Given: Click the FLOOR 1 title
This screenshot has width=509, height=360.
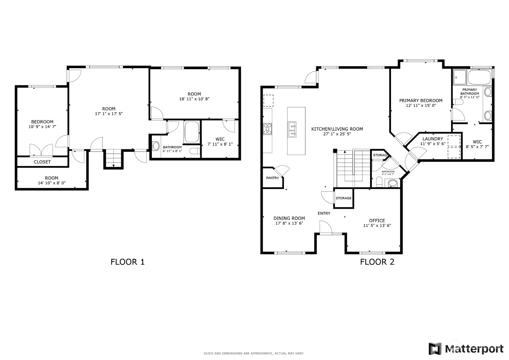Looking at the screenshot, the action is [x=127, y=262].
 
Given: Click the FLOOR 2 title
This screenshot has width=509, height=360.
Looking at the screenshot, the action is [x=377, y=262].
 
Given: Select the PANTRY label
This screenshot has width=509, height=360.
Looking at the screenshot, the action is [x=273, y=178].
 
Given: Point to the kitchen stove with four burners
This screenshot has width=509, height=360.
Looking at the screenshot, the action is [x=267, y=129].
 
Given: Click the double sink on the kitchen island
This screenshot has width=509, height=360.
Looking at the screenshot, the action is [x=292, y=130].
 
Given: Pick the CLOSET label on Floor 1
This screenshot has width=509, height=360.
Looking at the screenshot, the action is [x=42, y=162].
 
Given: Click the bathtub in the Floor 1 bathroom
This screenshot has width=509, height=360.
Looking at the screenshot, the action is [x=192, y=132].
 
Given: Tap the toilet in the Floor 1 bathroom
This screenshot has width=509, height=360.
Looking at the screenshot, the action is [x=195, y=151].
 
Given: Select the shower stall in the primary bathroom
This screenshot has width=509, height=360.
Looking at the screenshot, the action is [x=460, y=77].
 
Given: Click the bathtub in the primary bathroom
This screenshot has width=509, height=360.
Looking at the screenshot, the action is [x=480, y=77].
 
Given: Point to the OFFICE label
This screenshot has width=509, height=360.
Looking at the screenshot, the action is [x=377, y=221].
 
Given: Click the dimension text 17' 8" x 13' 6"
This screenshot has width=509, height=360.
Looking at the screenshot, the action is [x=289, y=223].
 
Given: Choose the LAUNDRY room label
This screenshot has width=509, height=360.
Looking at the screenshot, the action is [x=433, y=139].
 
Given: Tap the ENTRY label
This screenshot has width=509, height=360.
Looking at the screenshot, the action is [x=324, y=213].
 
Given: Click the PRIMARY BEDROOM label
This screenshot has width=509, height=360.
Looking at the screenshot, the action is [x=421, y=101].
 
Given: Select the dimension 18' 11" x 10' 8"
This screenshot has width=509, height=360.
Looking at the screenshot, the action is [x=194, y=99].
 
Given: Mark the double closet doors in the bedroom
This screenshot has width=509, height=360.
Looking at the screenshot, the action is [x=41, y=150].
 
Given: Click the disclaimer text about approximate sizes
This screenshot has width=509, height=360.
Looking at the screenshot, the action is [x=254, y=354].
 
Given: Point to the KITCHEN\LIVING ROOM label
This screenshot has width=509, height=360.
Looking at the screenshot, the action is [x=337, y=129].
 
